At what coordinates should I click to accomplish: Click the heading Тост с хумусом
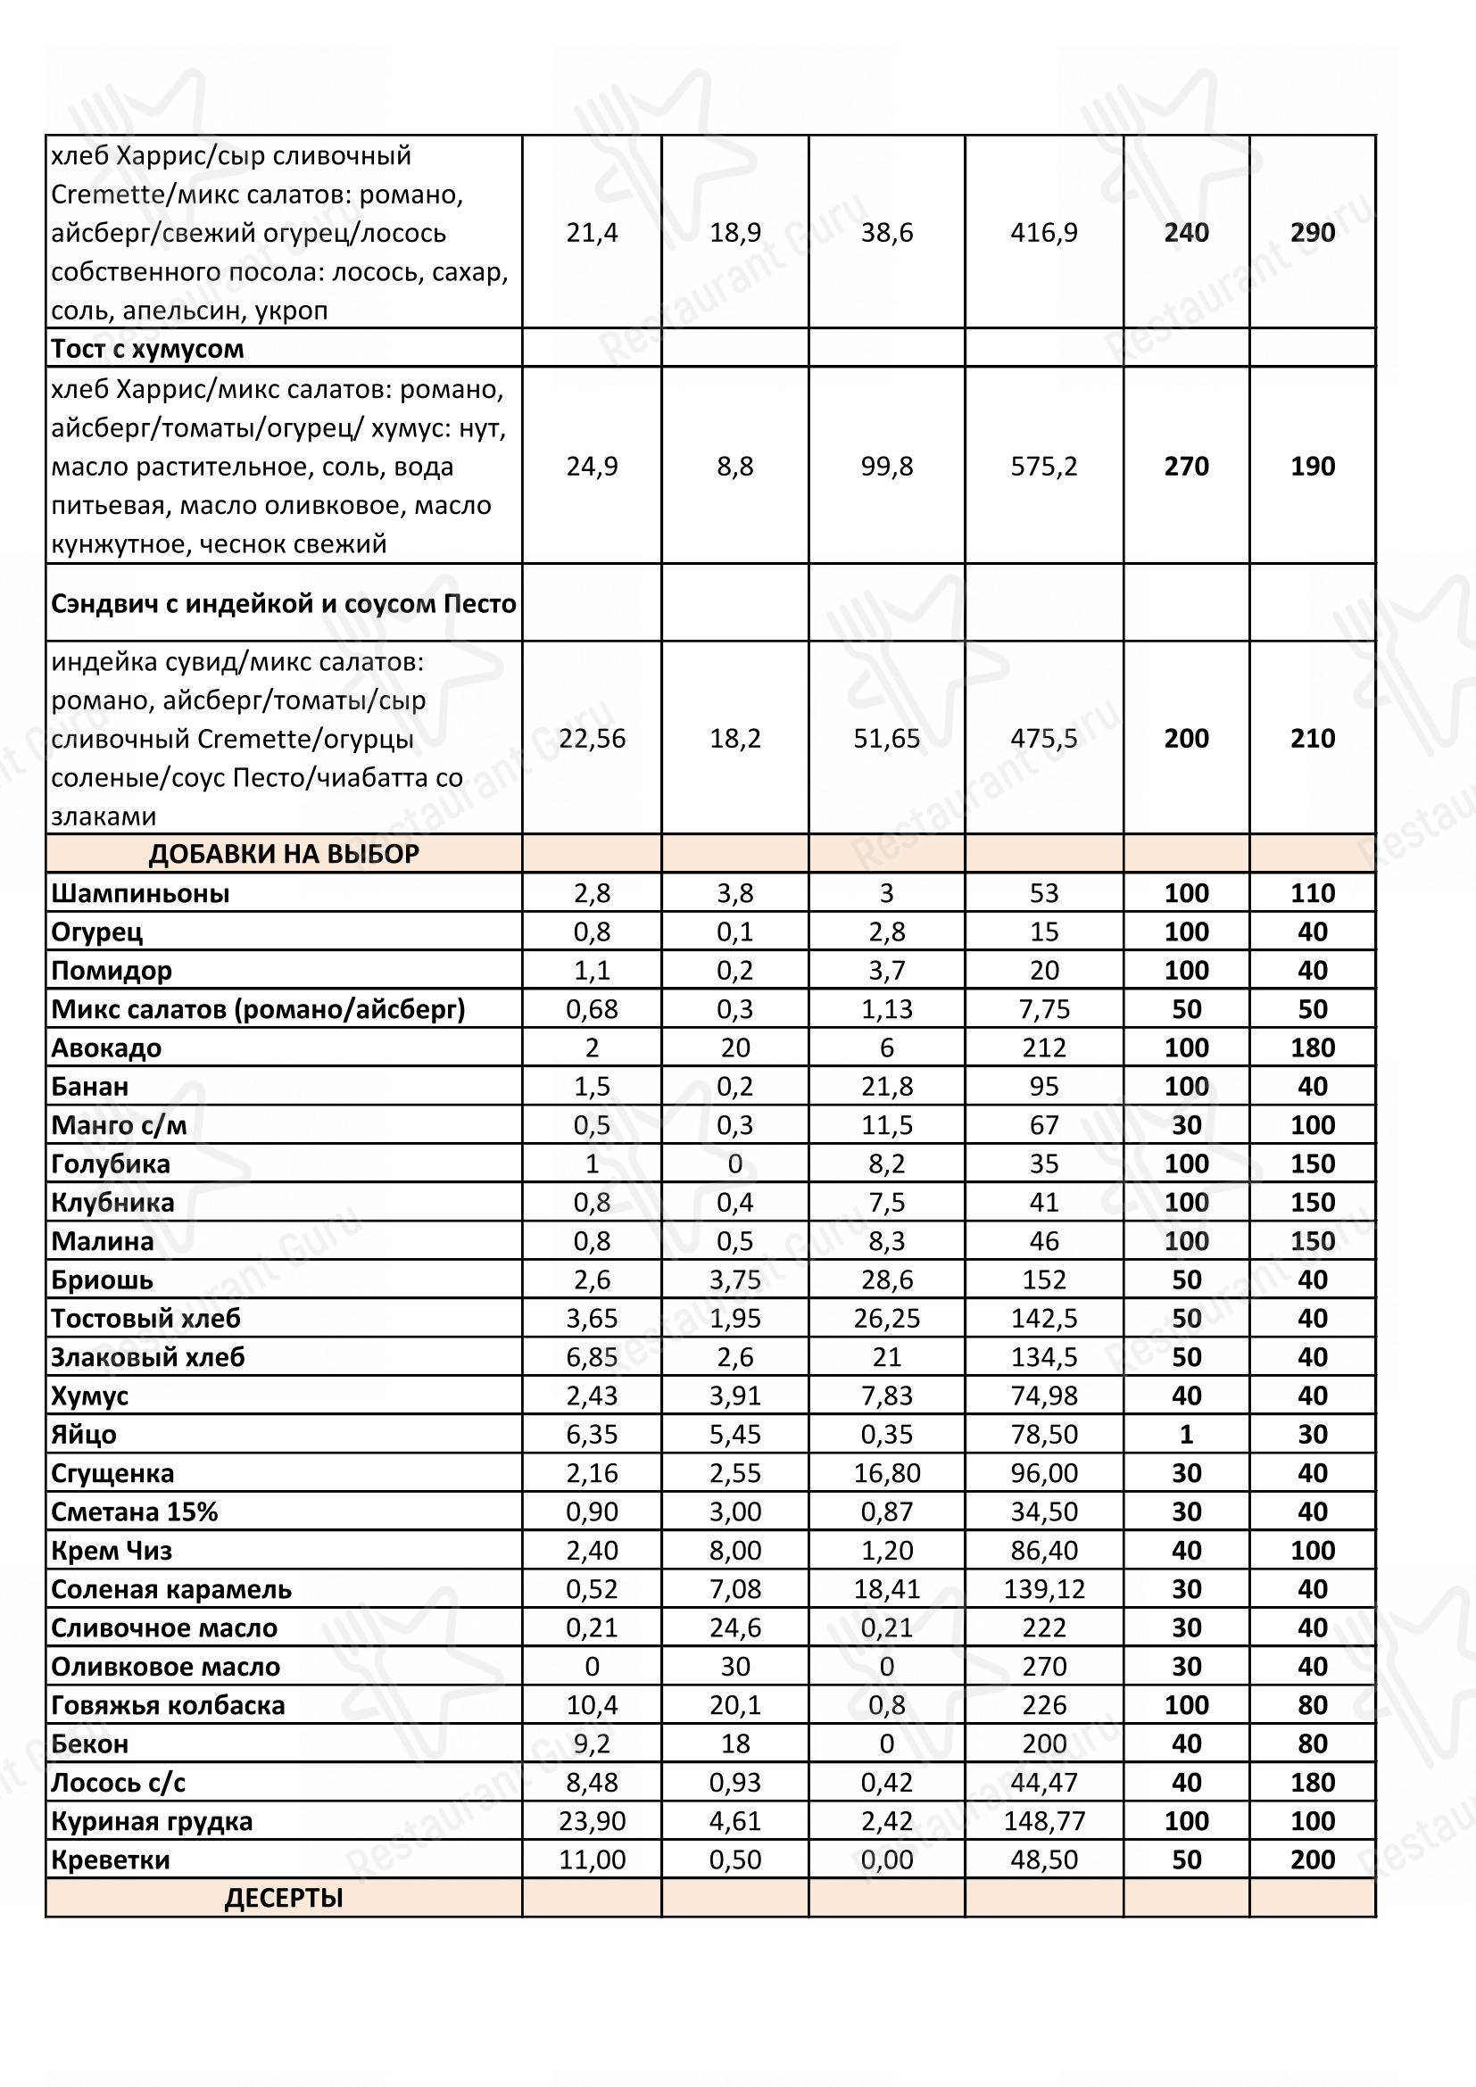pyautogui.click(x=147, y=349)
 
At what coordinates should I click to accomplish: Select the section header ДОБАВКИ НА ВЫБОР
pyautogui.click(x=284, y=855)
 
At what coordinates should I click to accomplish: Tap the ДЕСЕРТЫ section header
pyautogui.click(x=284, y=1898)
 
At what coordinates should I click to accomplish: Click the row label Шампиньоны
pyautogui.click(x=140, y=893)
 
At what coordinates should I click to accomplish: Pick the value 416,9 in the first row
pyautogui.click(x=1043, y=233)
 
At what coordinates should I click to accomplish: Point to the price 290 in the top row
pyautogui.click(x=1313, y=233)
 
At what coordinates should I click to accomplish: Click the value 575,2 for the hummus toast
pyautogui.click(x=1043, y=467)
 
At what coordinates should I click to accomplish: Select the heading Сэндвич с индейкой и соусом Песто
pyautogui.click(x=284, y=603)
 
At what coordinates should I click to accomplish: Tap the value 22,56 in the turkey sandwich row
pyautogui.click(x=592, y=738)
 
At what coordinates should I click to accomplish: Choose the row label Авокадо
pyautogui.click(x=106, y=1048)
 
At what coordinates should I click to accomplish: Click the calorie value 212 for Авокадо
pyautogui.click(x=1043, y=1048)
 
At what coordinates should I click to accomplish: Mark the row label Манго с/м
pyautogui.click(x=119, y=1125)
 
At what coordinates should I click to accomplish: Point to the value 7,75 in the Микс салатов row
pyautogui.click(x=1043, y=1009)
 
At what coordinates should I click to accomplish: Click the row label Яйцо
pyautogui.click(x=84, y=1435)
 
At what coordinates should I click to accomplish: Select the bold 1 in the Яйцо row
pyautogui.click(x=1186, y=1435)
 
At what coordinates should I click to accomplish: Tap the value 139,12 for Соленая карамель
pyautogui.click(x=1043, y=1589)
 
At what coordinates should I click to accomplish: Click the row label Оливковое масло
pyautogui.click(x=165, y=1666)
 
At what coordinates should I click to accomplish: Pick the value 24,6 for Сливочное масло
pyautogui.click(x=734, y=1628)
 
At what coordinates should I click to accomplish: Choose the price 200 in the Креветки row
pyautogui.click(x=1313, y=1859)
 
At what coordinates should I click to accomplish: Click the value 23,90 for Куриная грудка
pyautogui.click(x=592, y=1821)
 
